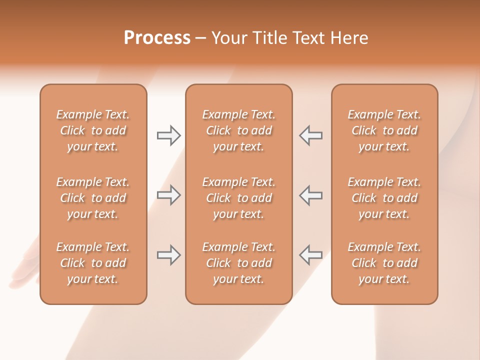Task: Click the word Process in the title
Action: point(157,38)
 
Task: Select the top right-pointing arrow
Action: point(168,135)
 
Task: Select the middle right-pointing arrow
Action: point(168,195)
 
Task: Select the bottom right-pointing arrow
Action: point(168,255)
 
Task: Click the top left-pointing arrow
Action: point(310,135)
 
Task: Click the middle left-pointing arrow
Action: point(310,195)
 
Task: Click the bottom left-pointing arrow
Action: point(310,255)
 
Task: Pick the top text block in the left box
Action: point(93,130)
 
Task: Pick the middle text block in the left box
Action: point(93,198)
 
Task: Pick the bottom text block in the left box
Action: point(93,263)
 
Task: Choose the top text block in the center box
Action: point(239,130)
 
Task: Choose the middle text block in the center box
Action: point(239,198)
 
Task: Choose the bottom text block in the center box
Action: point(239,263)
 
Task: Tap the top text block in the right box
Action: point(384,130)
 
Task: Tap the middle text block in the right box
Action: point(384,198)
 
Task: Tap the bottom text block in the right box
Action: point(384,263)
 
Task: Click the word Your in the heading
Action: point(228,38)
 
